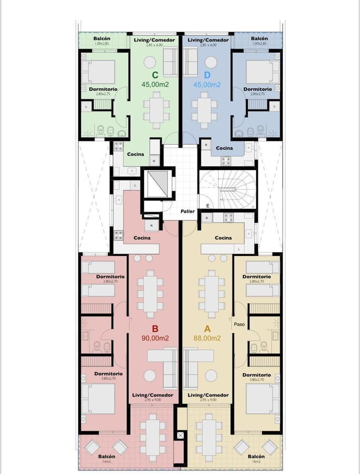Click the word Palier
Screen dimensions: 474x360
pos(188,212)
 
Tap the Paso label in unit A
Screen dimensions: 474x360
pos(239,324)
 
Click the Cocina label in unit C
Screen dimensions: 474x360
pos(136,154)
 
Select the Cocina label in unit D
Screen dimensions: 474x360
pos(224,148)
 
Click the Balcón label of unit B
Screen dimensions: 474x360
pos(107,456)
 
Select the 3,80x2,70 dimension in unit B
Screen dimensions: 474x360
pos(108,379)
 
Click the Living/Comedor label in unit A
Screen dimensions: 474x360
pos(208,395)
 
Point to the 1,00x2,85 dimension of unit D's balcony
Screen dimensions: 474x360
pos(260,43)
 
